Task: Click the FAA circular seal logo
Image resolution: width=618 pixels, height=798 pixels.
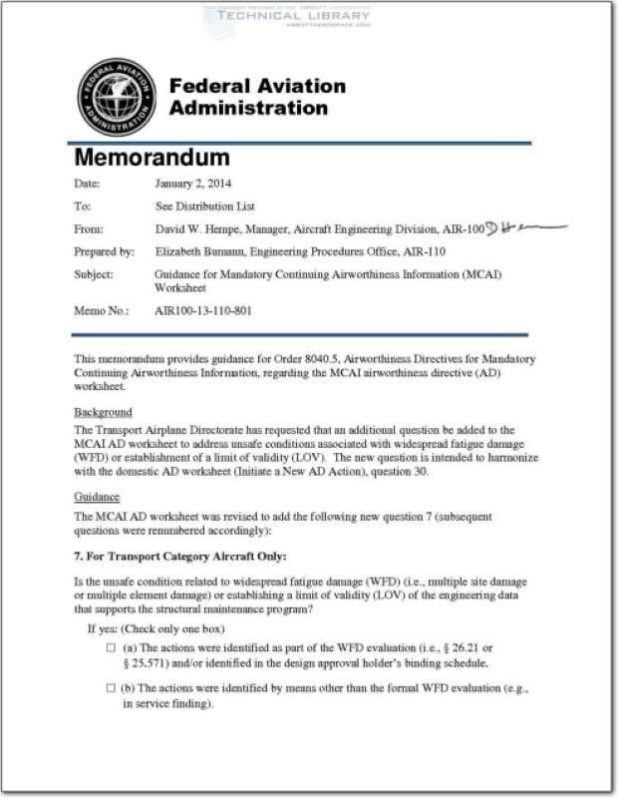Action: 116,97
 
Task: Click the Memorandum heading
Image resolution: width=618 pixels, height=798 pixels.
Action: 153,158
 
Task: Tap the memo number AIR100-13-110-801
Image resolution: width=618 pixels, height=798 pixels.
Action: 203,311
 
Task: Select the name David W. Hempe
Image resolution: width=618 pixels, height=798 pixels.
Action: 194,228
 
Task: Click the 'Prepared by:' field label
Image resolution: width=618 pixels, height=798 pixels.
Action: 105,251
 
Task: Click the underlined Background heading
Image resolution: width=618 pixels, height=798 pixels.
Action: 104,412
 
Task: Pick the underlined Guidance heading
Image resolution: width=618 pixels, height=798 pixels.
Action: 97,496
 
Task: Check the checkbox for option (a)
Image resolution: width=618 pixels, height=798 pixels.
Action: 112,648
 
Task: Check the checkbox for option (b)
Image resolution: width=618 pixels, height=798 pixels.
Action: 112,688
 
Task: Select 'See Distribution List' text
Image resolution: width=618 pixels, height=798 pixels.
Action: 204,206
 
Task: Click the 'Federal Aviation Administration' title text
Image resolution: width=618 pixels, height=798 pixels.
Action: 257,97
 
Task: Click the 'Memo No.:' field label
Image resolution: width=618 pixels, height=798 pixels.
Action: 102,311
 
